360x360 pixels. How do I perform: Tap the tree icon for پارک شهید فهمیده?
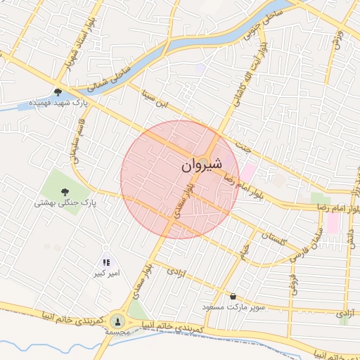point(58,91)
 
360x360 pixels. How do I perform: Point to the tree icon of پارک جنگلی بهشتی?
point(65,191)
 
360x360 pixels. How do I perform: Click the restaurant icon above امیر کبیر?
point(106,262)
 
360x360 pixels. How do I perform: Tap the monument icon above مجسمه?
point(117,319)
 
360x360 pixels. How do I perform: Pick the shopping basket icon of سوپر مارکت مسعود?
point(233,295)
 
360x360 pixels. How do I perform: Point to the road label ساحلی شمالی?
point(112,77)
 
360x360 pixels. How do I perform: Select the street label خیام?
point(245,248)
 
